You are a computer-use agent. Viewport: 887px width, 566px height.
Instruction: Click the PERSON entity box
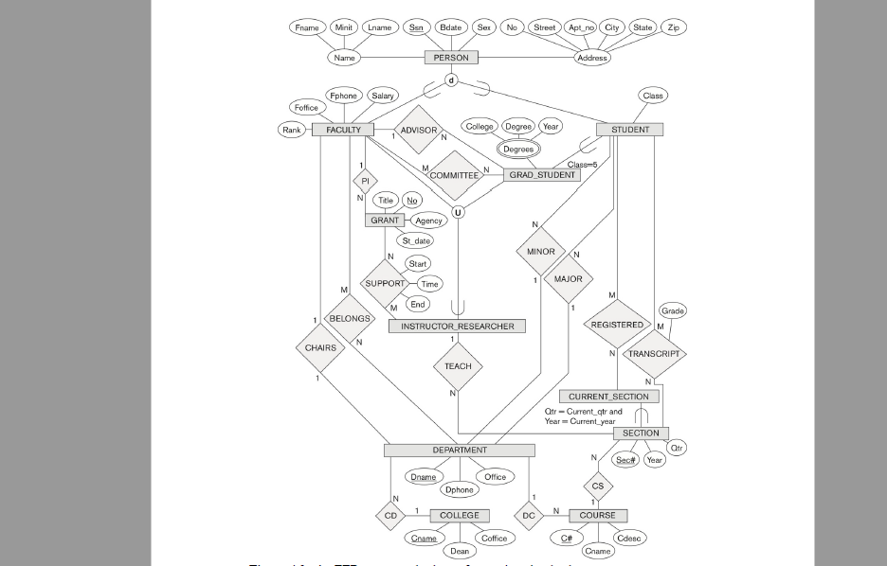(x=451, y=58)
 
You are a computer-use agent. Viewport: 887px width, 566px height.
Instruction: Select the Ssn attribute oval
(x=416, y=27)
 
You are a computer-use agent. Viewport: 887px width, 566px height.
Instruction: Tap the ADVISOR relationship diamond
(x=419, y=131)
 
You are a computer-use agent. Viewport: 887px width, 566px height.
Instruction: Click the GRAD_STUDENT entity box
(x=542, y=175)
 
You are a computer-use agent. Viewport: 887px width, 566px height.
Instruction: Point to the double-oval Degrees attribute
(x=518, y=149)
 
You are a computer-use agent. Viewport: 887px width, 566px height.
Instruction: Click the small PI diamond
(x=365, y=181)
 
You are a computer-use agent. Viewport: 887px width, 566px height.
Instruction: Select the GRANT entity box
(x=385, y=221)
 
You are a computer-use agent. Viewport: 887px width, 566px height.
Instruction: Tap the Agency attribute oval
(x=429, y=221)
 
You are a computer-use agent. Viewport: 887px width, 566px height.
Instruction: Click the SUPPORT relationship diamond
(x=386, y=283)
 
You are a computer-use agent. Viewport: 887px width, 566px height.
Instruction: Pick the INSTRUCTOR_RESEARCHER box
(x=457, y=327)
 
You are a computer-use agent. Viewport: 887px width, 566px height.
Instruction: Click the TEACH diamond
(x=458, y=366)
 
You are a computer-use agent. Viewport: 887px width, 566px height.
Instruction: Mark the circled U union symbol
(x=458, y=212)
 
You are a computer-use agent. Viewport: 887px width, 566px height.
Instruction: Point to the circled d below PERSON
(x=451, y=80)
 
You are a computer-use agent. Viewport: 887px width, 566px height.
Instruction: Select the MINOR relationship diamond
(x=541, y=252)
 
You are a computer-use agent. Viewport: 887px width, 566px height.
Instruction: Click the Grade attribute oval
(x=673, y=311)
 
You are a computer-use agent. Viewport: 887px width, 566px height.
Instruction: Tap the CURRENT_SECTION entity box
(x=608, y=397)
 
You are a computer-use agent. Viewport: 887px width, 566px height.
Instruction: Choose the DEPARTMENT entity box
(x=460, y=451)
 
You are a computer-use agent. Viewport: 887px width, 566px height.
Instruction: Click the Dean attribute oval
(x=460, y=551)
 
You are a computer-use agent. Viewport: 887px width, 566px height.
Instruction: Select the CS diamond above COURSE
(x=598, y=486)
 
